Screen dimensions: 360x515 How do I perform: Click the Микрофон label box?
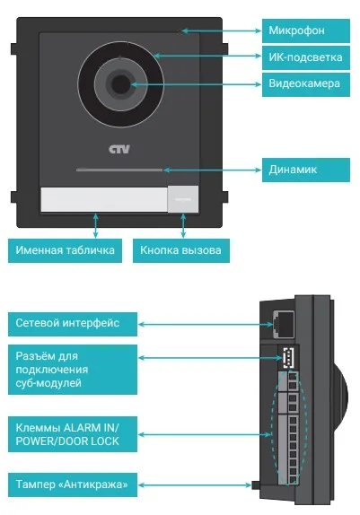[306, 31]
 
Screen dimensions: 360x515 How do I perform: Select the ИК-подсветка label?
[306, 57]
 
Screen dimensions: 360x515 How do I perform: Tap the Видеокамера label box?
[306, 84]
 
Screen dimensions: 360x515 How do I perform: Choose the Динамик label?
[306, 170]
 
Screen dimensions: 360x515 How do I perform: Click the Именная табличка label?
[66, 250]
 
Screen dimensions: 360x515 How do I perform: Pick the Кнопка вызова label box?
[181, 250]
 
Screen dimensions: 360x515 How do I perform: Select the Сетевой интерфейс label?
[73, 324]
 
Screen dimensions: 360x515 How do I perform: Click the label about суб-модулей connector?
[73, 370]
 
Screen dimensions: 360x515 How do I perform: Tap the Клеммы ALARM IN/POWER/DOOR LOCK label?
[73, 434]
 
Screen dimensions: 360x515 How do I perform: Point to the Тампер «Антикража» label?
[73, 484]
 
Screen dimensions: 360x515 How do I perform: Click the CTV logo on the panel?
[119, 149]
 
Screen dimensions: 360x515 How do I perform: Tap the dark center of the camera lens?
[120, 84]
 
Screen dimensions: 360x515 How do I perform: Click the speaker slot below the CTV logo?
[119, 170]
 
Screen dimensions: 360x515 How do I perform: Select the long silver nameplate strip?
[104, 199]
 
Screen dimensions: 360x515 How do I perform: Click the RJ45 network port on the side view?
[284, 323]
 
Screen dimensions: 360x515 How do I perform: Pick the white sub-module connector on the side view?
[289, 357]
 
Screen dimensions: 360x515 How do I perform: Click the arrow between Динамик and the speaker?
[213, 170]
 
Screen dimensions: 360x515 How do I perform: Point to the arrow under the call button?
[183, 225]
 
